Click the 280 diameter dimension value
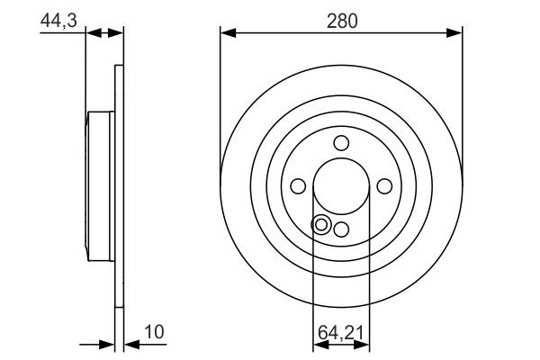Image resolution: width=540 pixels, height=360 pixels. point(342,19)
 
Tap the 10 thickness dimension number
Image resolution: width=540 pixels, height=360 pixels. point(155,332)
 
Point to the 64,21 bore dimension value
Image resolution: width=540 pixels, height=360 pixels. point(342,332)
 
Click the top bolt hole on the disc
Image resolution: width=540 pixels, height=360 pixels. point(341,142)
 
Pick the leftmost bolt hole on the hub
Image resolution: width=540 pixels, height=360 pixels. point(298,185)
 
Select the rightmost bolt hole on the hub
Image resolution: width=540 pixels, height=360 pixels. point(384,185)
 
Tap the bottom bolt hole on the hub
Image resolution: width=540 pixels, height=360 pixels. point(341,229)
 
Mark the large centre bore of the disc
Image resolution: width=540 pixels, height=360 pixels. point(341,185)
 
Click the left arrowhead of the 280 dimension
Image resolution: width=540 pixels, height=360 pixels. point(228,33)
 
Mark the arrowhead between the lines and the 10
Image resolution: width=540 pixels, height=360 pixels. point(129,344)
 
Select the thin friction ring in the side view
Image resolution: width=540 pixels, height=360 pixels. point(119,185)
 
